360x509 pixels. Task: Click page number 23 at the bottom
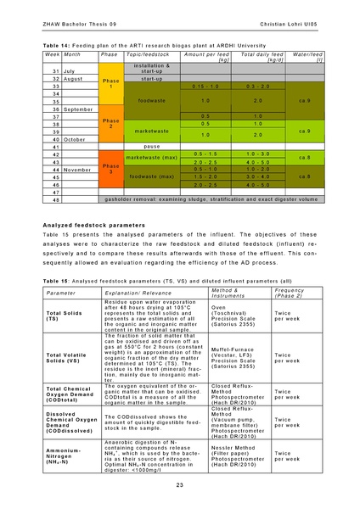pos(180,484)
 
